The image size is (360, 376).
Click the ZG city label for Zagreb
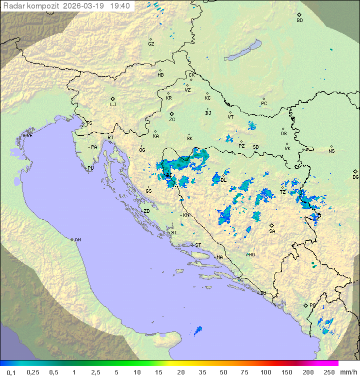(x=172, y=120)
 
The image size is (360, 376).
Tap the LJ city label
(x=113, y=105)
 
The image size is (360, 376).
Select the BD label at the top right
(x=299, y=21)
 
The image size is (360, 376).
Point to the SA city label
(x=272, y=231)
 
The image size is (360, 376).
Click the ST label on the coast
(x=198, y=245)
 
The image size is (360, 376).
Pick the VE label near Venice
(x=29, y=136)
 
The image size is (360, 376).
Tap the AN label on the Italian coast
(x=77, y=240)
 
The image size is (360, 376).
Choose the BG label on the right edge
(x=355, y=177)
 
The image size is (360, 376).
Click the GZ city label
(x=151, y=44)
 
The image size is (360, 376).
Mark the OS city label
(x=283, y=134)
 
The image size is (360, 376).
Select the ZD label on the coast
(x=146, y=211)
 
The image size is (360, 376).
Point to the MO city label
(x=251, y=254)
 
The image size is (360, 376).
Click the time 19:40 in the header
(x=120, y=6)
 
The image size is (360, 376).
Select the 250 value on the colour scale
(x=329, y=372)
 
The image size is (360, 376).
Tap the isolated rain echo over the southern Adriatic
(x=198, y=330)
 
